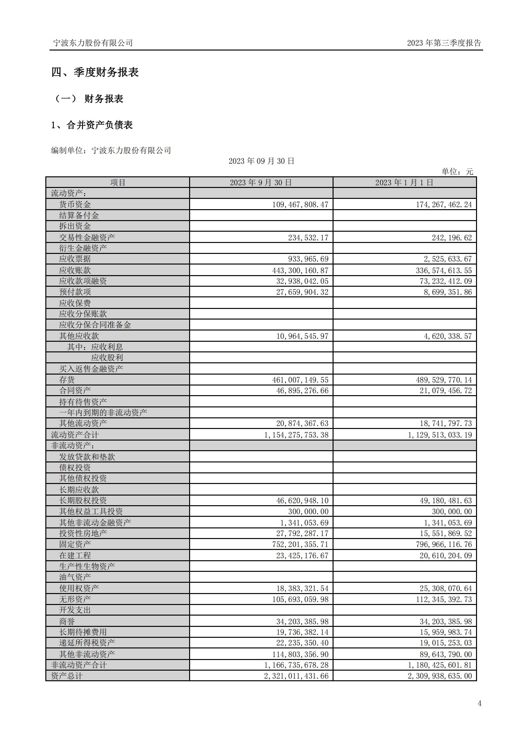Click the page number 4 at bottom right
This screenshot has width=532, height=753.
point(480,703)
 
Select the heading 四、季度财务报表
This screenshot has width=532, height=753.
point(95,72)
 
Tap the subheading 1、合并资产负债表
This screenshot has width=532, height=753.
point(92,125)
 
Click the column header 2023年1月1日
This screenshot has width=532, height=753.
point(405,183)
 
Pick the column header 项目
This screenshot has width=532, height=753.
point(118,183)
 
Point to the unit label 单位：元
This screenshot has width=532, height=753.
point(457,172)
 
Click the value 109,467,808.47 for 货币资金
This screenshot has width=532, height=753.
point(300,205)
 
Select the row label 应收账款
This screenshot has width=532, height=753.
point(75,270)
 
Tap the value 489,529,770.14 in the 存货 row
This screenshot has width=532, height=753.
point(445,380)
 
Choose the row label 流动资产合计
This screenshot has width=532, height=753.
point(75,435)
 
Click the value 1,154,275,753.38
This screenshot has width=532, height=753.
point(296,435)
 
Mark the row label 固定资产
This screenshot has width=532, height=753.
point(75,544)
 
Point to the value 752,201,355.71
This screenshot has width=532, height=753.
point(300,544)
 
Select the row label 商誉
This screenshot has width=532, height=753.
point(67,621)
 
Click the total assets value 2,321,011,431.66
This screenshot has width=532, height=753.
point(296,676)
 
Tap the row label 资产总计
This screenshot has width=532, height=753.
point(67,676)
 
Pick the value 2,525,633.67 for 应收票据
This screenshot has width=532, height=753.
point(447,259)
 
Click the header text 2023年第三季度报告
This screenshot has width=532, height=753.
point(444,43)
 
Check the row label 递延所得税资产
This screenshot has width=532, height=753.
point(87,643)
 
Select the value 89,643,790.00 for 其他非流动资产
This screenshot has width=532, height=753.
point(445,654)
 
